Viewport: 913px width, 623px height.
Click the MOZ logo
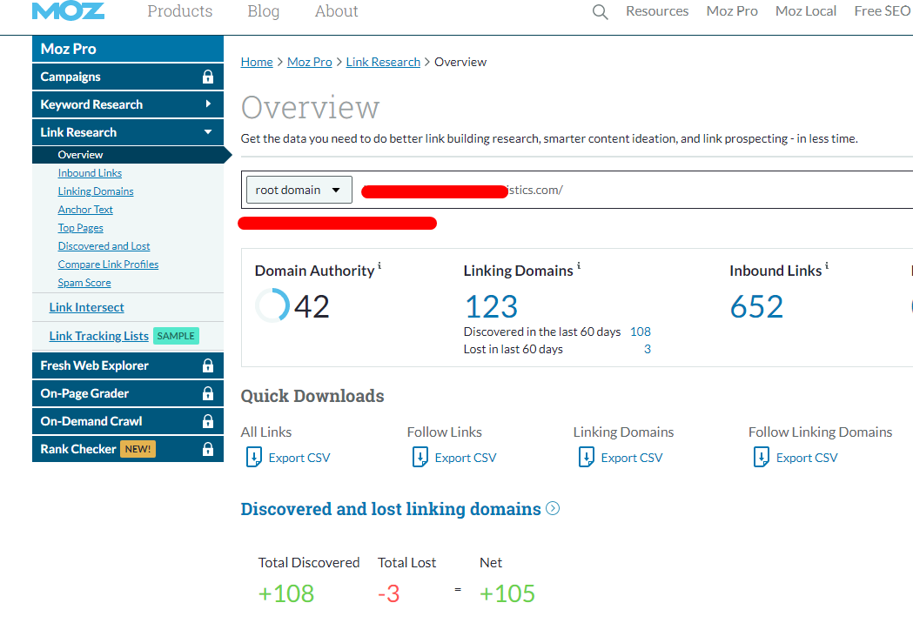click(x=68, y=10)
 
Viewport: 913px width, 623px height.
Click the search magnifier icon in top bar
click(x=600, y=12)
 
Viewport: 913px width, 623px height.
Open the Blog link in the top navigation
click(x=263, y=11)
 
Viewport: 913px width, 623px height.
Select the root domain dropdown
click(x=299, y=190)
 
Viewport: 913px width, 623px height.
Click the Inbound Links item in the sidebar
click(x=90, y=173)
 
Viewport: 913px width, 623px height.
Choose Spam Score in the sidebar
click(x=84, y=283)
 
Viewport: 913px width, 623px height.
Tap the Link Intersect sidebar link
click(x=86, y=307)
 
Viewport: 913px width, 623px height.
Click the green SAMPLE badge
click(x=176, y=336)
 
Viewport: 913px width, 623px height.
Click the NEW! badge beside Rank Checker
click(x=138, y=449)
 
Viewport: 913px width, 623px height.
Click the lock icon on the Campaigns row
click(x=207, y=77)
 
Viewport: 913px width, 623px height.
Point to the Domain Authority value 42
click(x=312, y=306)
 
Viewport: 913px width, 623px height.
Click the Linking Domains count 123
click(x=491, y=306)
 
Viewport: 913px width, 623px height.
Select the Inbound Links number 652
click(x=756, y=306)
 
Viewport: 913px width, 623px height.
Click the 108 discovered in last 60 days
click(x=641, y=332)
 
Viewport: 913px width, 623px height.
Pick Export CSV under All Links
click(x=299, y=458)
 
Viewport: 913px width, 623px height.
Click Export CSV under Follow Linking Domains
click(x=806, y=458)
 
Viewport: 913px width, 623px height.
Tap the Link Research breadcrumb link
click(x=383, y=62)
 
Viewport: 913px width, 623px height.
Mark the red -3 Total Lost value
click(x=389, y=593)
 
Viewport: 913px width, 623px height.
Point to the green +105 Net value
click(x=507, y=593)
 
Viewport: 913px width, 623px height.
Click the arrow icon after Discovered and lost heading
click(x=553, y=509)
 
